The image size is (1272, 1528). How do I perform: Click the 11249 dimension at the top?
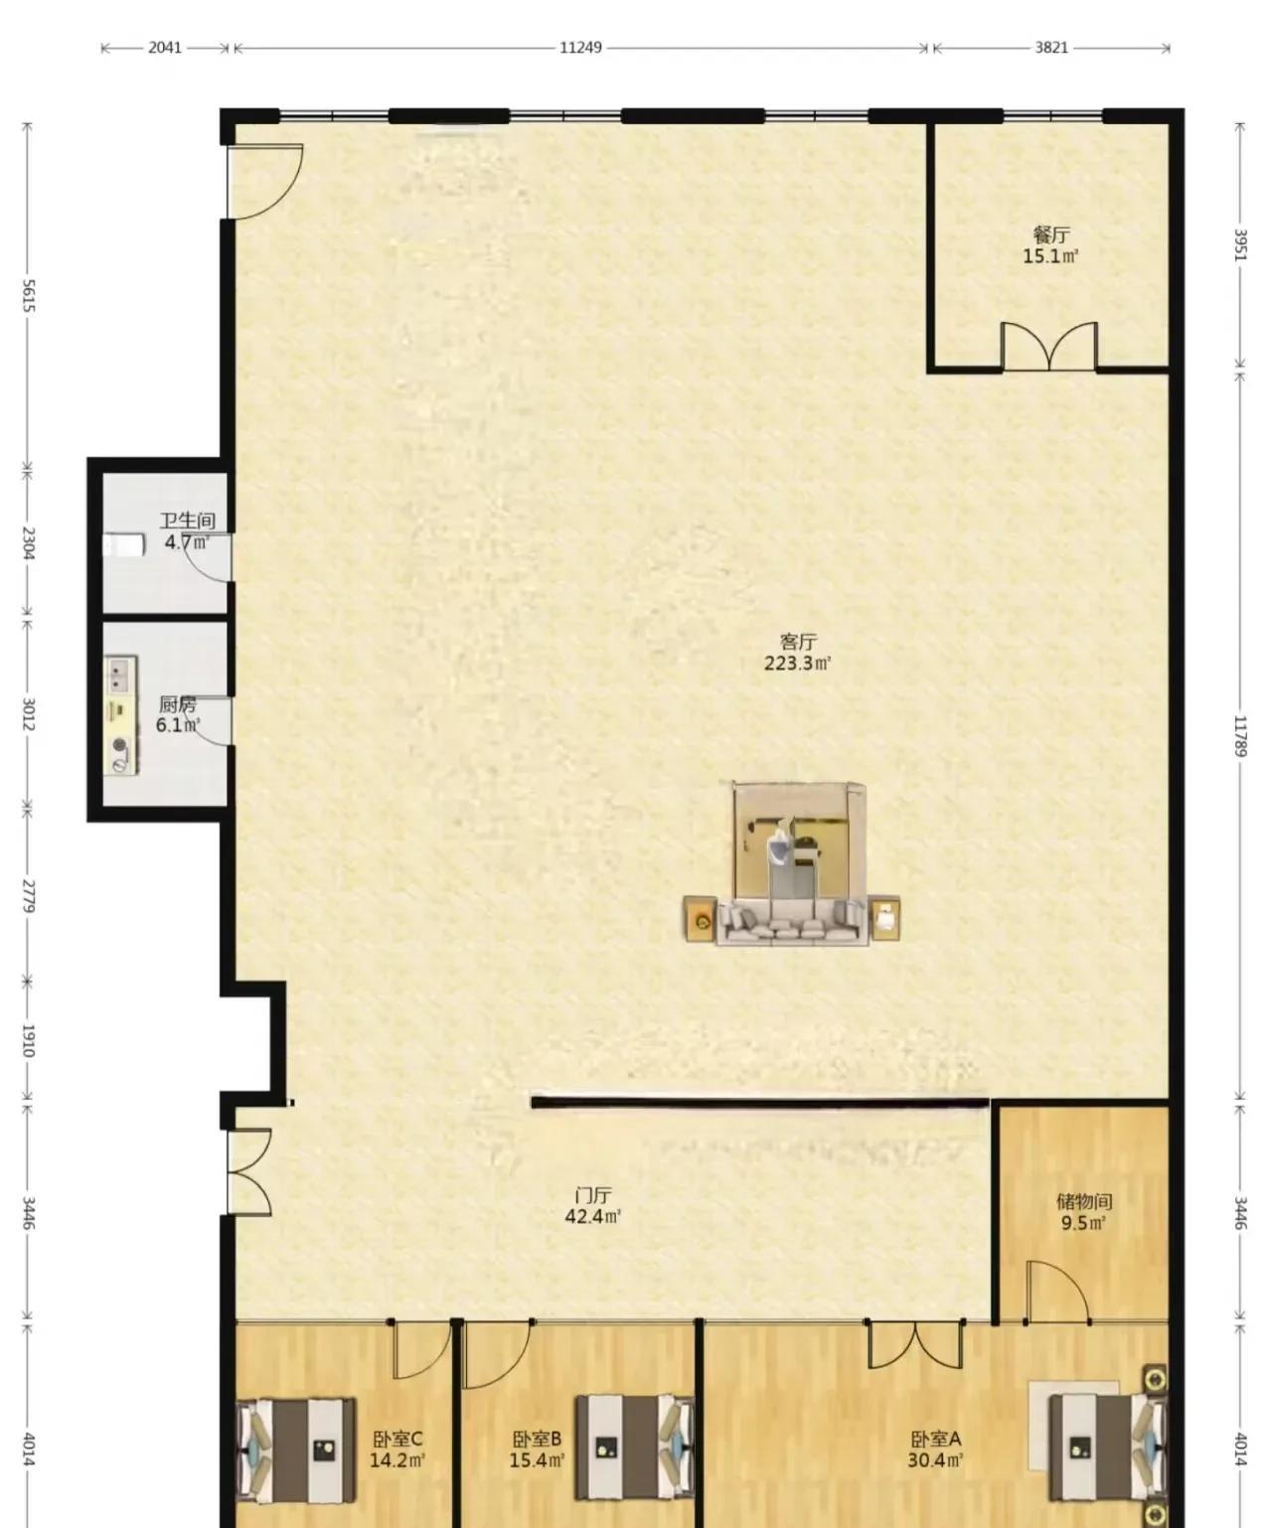pos(580,48)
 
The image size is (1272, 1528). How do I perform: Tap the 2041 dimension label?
pos(165,48)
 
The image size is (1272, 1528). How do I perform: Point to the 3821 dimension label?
pos(1051,48)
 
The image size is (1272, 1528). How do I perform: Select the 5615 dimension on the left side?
pos(29,296)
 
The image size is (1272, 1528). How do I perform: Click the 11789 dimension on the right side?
pos(1240,736)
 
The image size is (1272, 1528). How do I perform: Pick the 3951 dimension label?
pos(1240,245)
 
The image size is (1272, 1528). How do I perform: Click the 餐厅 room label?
pos(1051,234)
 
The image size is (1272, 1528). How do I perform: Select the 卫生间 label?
pos(188,521)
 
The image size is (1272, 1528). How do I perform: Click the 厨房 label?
pos(178,704)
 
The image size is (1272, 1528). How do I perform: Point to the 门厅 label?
pos(593,1196)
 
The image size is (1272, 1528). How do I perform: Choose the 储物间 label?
pos(1084,1201)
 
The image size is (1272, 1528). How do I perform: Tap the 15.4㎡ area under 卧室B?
pos(538,1460)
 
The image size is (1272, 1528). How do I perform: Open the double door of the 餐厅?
pos(1048,346)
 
